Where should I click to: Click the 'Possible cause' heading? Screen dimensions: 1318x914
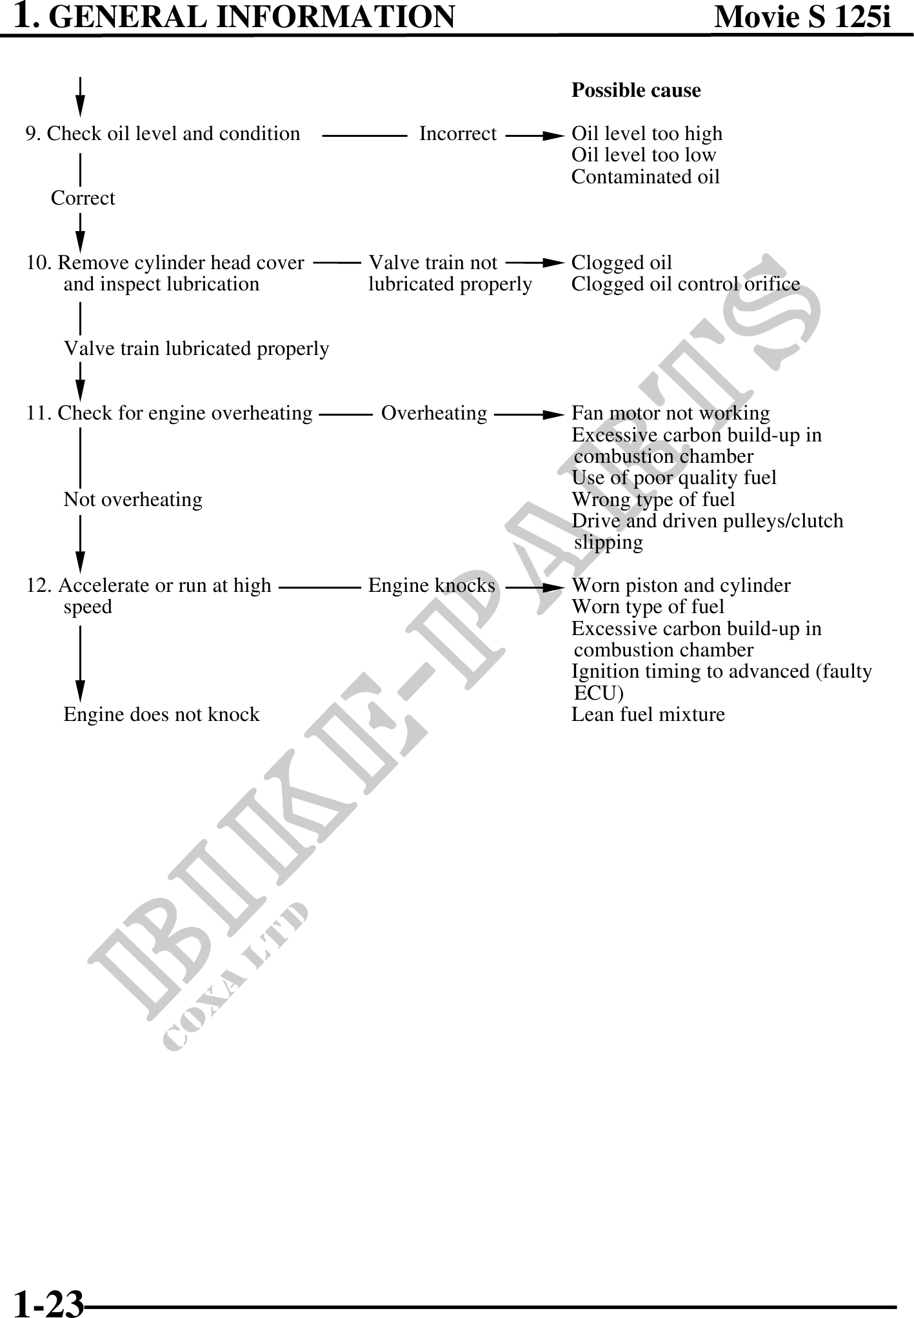click(635, 90)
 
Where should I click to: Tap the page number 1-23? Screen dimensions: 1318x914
click(49, 1303)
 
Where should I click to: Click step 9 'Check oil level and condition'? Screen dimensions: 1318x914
click(163, 134)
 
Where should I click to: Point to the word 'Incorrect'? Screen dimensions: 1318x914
click(457, 134)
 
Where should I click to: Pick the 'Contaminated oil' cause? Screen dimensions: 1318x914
click(645, 177)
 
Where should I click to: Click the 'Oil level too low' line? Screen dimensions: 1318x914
click(643, 155)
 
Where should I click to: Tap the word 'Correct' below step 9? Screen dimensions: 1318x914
click(83, 198)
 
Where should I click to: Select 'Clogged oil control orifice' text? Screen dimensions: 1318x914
click(685, 284)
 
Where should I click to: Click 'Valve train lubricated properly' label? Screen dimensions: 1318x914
click(196, 349)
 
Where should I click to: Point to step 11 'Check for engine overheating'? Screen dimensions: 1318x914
click(169, 413)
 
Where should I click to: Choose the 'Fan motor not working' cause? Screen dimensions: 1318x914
click(670, 413)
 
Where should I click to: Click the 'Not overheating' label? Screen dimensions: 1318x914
click(133, 500)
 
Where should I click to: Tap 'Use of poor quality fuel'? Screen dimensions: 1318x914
click(673, 478)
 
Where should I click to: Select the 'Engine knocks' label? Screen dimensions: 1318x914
click(432, 585)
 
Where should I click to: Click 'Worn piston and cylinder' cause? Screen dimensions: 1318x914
click(681, 585)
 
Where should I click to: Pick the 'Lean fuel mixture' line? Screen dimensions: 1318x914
click(648, 715)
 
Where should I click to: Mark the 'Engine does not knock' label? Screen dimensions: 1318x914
click(161, 715)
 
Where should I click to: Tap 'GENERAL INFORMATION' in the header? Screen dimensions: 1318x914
click(252, 17)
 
